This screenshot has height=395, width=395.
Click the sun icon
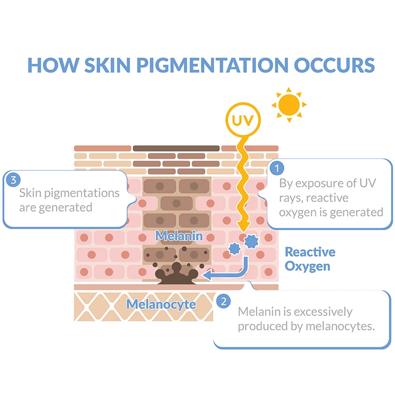(289, 104)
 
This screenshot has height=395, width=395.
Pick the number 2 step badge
(224, 300)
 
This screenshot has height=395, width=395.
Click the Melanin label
(179, 236)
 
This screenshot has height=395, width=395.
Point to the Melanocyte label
(161, 304)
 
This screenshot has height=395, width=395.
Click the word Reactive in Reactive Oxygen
(310, 252)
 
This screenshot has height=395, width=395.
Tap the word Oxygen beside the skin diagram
(307, 267)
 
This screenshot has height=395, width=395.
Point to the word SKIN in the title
(105, 65)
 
